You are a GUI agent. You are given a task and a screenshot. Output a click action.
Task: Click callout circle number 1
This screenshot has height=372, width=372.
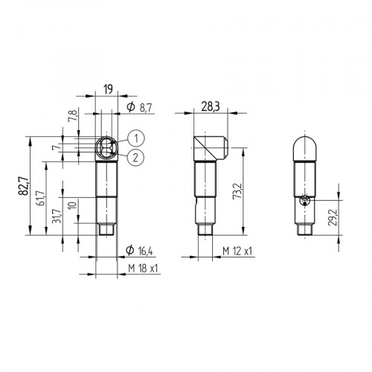point(134,138)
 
